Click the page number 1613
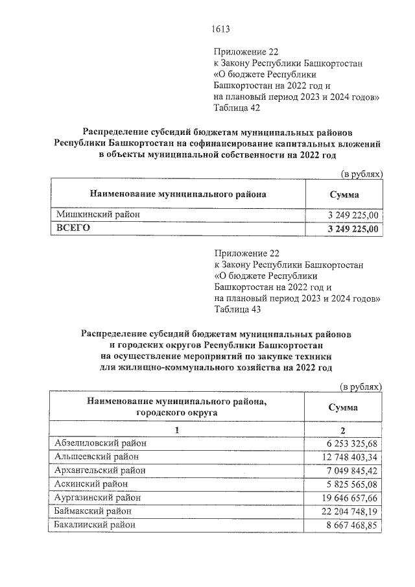tap(221, 29)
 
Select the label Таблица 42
tap(237, 108)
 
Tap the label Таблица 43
tap(237, 309)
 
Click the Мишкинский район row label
tap(97, 214)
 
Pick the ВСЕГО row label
tap(73, 228)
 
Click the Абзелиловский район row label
tap(101, 442)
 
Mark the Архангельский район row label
tap(101, 470)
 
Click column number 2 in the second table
tap(344, 430)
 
